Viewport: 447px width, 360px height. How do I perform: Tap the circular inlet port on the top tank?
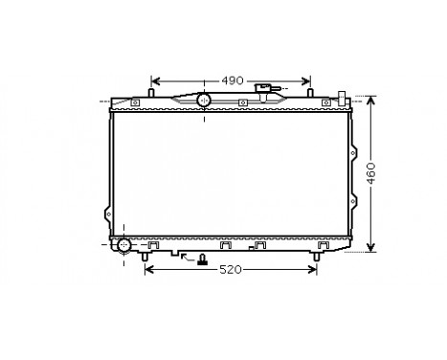point(203,100)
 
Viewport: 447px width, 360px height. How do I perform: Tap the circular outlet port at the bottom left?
point(123,245)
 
